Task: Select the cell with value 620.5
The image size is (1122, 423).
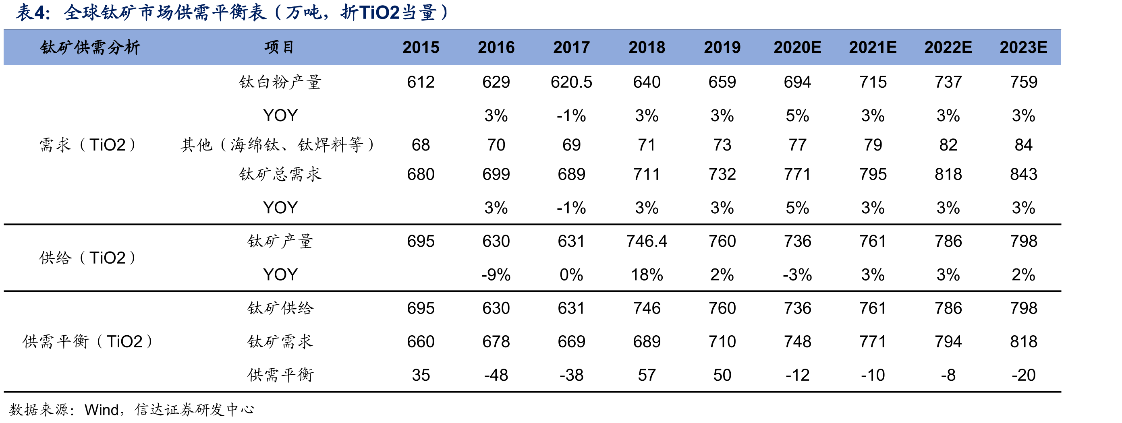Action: pyautogui.click(x=571, y=82)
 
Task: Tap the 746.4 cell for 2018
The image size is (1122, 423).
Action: pyautogui.click(x=647, y=241)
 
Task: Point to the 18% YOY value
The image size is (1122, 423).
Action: pyautogui.click(x=647, y=274)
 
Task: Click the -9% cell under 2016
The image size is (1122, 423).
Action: pyautogui.click(x=496, y=274)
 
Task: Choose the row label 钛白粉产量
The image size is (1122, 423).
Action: pyautogui.click(x=280, y=82)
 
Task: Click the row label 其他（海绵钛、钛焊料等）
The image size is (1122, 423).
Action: pyautogui.click(x=278, y=144)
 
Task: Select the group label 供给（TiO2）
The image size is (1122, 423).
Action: pyautogui.click(x=87, y=258)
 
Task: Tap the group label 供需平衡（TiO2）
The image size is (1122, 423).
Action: pyautogui.click(x=87, y=341)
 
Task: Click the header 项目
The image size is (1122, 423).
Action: pyautogui.click(x=280, y=47)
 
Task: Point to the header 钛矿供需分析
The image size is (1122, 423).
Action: pyautogui.click(x=90, y=47)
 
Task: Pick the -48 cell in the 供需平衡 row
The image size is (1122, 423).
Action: pyautogui.click(x=496, y=375)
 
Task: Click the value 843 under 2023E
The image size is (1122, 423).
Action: pyautogui.click(x=1024, y=174)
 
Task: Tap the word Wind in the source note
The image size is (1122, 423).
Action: pyautogui.click(x=102, y=409)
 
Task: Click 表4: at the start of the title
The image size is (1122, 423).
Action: pyautogui.click(x=33, y=12)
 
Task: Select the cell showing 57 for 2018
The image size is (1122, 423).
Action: pyautogui.click(x=647, y=375)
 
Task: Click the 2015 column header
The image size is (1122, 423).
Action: pyautogui.click(x=421, y=47)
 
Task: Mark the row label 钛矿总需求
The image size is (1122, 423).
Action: pyautogui.click(x=280, y=174)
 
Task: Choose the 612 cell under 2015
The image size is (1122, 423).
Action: pyautogui.click(x=421, y=82)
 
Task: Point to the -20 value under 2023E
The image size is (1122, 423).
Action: pyautogui.click(x=1024, y=375)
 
